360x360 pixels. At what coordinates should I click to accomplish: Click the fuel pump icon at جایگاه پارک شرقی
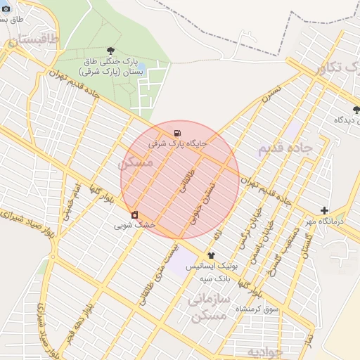coord(176,133)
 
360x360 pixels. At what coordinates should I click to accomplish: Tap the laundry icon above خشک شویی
coord(134,214)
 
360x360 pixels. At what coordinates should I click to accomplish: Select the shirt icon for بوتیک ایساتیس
coord(211,256)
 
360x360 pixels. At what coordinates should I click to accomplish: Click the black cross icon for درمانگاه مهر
coord(324,210)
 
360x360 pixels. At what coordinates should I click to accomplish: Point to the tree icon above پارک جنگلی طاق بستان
coord(111,50)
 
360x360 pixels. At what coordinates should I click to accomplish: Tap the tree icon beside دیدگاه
coord(356,109)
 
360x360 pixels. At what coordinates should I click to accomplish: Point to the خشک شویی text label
coord(134,226)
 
